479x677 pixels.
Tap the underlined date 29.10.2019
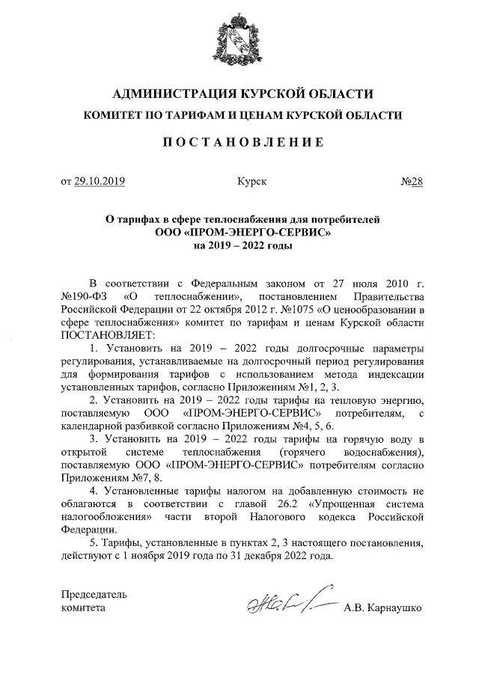tap(100, 181)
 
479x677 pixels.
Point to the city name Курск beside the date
tap(251, 181)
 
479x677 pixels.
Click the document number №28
tap(413, 181)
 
